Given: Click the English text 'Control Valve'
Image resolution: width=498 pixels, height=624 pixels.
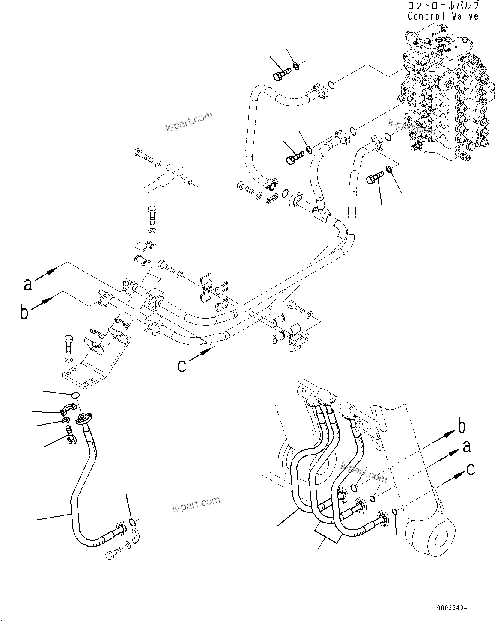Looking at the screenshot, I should coord(443,16).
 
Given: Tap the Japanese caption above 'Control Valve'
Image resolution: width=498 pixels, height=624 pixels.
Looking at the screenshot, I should coord(443,6).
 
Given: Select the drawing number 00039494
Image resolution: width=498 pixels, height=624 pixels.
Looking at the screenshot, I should coord(452,607).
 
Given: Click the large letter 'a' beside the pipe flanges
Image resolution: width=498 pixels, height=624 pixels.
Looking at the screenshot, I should coord(28,284).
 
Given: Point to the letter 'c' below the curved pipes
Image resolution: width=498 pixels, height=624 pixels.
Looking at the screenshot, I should coord(182,365).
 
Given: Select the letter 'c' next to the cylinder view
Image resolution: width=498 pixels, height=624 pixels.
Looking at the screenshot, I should coord(470,469).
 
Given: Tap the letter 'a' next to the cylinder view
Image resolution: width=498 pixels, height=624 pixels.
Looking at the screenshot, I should coord(466,447).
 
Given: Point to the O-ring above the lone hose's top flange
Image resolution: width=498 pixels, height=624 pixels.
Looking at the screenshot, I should coord(75,395).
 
